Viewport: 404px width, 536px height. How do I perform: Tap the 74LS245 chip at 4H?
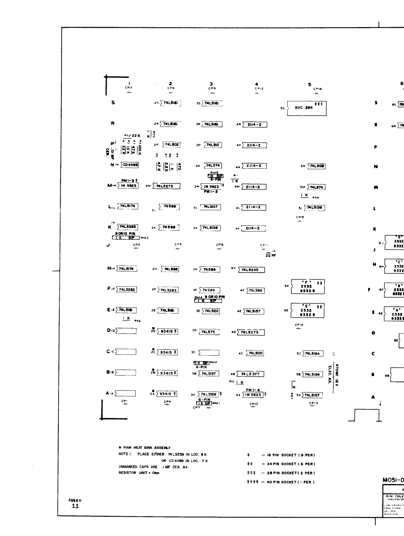[x=251, y=270]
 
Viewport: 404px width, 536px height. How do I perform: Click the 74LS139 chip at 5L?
[x=315, y=208]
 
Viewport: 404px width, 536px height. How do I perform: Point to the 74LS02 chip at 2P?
[x=171, y=145]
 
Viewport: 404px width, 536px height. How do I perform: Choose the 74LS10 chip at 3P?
[x=213, y=145]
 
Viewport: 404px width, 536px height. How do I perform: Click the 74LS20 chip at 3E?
[x=210, y=311]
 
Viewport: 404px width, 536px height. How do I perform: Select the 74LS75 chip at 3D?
[x=209, y=332]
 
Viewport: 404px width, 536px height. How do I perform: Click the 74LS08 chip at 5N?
[x=316, y=166]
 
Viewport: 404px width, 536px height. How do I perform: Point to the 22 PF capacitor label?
[x=270, y=255]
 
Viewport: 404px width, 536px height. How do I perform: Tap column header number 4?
[x=256, y=84]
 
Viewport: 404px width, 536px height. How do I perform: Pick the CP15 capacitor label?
[x=300, y=217]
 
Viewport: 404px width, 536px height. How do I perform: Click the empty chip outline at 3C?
[x=209, y=353]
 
